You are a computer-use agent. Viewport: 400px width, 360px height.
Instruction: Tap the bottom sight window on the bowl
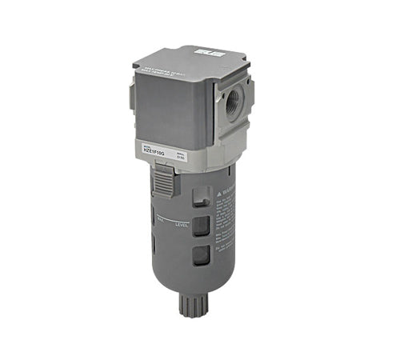pyautogui.click(x=204, y=255)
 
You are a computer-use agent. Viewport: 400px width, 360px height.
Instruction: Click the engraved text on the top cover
pyautogui.click(x=175, y=66)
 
